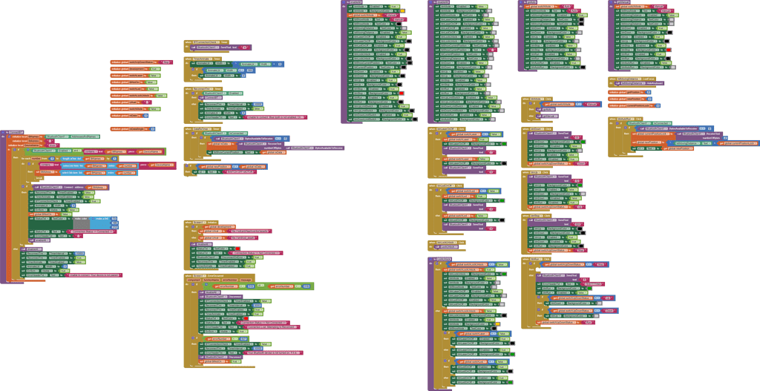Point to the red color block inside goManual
[x=669, y=50]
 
